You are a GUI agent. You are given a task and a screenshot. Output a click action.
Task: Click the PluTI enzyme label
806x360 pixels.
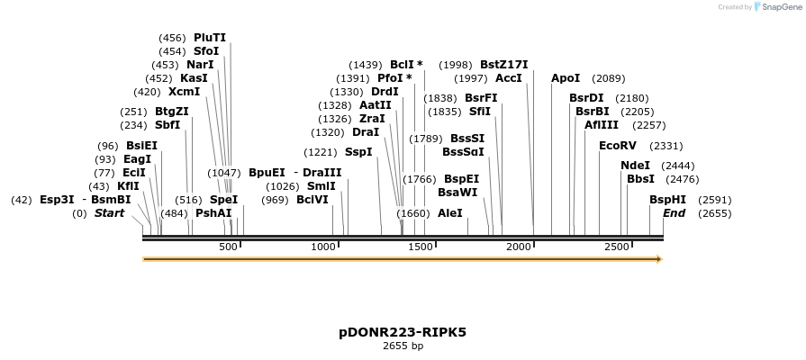(210, 38)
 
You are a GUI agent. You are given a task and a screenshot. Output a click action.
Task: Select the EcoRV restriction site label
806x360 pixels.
(617, 146)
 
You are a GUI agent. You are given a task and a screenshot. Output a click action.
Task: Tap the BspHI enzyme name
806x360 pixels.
(667, 200)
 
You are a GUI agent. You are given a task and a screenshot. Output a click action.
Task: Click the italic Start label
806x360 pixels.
(109, 213)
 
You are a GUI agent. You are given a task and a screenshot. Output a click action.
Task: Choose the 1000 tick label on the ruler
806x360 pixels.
(323, 247)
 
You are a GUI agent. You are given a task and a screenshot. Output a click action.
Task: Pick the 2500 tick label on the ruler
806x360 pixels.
(617, 247)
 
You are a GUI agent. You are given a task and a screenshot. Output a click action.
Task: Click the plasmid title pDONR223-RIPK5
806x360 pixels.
(403, 332)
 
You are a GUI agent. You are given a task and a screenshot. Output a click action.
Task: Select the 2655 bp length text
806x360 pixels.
(403, 346)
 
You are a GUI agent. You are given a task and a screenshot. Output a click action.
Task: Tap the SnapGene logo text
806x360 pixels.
(782, 7)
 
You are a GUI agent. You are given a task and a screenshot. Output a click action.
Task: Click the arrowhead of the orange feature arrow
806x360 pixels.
(659, 259)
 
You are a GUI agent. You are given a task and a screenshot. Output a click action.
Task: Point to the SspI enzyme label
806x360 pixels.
(358, 152)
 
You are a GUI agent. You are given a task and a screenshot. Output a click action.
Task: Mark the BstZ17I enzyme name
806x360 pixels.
(503, 65)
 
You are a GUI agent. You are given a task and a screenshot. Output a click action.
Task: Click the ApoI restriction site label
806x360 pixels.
(566, 78)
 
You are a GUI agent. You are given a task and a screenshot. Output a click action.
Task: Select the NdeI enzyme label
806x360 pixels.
(635, 166)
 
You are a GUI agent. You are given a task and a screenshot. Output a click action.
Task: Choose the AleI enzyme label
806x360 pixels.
(449, 213)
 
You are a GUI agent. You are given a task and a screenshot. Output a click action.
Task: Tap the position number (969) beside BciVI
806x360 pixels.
(275, 200)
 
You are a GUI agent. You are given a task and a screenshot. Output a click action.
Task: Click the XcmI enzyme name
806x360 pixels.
(184, 92)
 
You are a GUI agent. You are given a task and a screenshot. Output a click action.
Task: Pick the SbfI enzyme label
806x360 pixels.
(168, 125)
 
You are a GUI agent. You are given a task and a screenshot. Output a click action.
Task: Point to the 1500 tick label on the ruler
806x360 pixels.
(421, 247)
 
